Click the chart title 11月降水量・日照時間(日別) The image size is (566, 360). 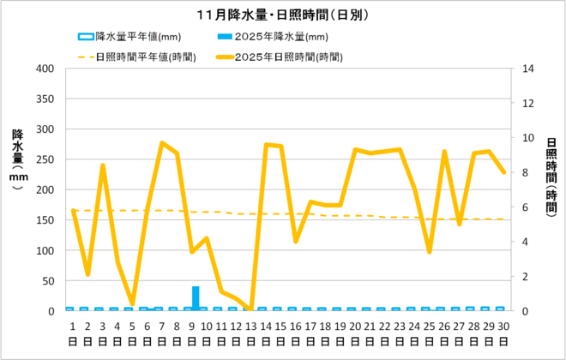coord(283,15)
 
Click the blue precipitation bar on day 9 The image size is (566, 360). coord(196,298)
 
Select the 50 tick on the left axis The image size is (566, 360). coord(48,281)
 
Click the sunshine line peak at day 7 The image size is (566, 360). coord(162,143)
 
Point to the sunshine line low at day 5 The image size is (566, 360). coord(132,304)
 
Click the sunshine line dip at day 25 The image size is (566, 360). coord(429,252)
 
